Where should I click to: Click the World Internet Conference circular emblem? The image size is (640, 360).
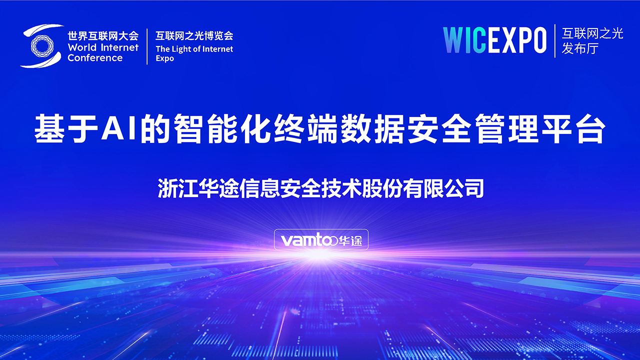[41, 46]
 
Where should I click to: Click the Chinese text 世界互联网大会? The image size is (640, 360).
[103, 36]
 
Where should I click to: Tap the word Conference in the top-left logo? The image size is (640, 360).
[95, 58]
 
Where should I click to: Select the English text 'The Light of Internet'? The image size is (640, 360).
[194, 49]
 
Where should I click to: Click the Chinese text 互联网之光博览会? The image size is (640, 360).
[194, 35]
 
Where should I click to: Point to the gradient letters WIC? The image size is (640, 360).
[464, 40]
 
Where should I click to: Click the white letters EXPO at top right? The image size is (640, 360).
[516, 40]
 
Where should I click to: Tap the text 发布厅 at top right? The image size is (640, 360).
[580, 48]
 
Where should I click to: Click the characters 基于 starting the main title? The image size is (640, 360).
[66, 129]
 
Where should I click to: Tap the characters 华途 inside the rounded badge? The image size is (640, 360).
[350, 241]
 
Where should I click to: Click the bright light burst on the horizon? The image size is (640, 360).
[317, 255]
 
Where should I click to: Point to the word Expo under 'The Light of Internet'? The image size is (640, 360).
[165, 59]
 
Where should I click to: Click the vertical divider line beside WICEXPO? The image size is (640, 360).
[555, 40]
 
